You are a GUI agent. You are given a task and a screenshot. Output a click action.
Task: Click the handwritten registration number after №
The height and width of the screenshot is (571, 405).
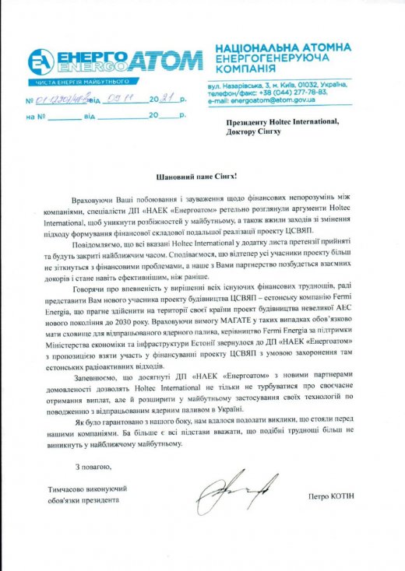[x=62, y=100]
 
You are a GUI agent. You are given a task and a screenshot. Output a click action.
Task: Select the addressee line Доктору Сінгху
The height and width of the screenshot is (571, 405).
[x=254, y=131]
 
